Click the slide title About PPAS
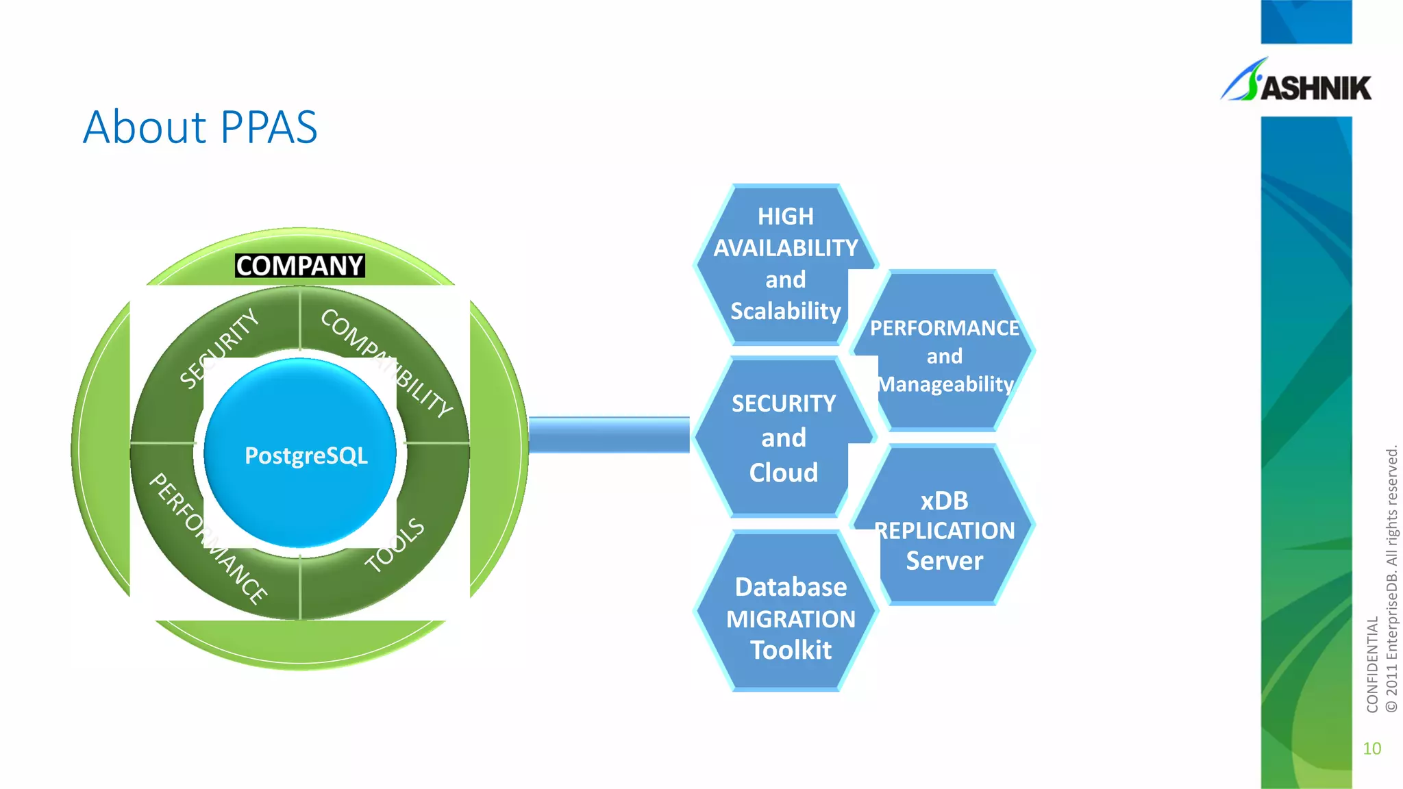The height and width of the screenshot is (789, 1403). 200,127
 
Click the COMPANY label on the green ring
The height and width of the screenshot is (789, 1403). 299,266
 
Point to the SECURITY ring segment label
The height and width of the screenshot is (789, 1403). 219,348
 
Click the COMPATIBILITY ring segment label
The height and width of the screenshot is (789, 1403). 386,363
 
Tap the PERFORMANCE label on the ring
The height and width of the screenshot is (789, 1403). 208,538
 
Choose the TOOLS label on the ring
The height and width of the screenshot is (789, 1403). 395,545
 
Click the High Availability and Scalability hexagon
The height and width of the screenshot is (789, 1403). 785,264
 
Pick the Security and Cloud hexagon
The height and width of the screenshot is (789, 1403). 783,438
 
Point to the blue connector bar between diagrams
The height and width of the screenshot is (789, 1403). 608,435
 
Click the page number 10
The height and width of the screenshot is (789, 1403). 1371,749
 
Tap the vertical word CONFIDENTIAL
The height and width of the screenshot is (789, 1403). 1371,664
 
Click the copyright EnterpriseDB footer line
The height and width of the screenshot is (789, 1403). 1391,579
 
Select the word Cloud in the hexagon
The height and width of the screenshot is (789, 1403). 783,473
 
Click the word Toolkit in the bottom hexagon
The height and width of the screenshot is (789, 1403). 791,650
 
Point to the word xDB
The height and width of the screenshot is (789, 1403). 944,501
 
